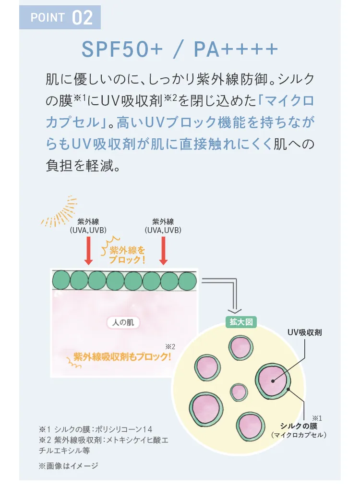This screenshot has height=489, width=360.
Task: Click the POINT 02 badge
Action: coord(60,17)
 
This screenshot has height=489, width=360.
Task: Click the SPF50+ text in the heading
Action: coord(122,49)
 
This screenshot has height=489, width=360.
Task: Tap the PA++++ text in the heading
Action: coord(236,49)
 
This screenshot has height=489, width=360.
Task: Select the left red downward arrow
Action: coord(88,251)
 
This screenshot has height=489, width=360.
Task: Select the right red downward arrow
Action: coord(163,251)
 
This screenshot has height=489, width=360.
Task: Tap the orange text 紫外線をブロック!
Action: coord(127,255)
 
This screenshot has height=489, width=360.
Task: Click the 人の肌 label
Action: coord(123,322)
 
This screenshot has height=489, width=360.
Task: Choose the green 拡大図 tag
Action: coord(241,322)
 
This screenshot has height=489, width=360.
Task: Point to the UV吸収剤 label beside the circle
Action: coord(304,332)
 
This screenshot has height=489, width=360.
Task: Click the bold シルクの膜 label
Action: coord(299,426)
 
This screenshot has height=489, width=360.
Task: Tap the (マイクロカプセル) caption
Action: coord(299,435)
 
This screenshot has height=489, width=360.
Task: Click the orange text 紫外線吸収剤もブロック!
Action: coord(122,356)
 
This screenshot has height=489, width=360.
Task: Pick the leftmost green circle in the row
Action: coord(61,281)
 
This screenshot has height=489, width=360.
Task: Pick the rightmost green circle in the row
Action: coord(188,281)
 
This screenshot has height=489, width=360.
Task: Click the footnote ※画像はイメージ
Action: coord(69,466)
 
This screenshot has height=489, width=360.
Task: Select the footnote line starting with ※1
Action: coord(96,429)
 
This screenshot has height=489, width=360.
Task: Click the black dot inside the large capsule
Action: coord(273,381)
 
